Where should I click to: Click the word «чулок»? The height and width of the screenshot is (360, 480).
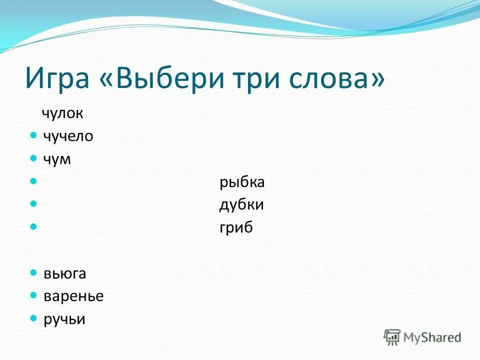pyautogui.click(x=62, y=113)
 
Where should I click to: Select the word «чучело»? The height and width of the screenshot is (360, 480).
pyautogui.click(x=68, y=136)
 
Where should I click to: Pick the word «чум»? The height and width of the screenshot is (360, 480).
pyautogui.click(x=57, y=159)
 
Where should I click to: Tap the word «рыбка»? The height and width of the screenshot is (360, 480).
pyautogui.click(x=242, y=182)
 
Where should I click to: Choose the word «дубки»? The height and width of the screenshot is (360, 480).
pyautogui.click(x=241, y=205)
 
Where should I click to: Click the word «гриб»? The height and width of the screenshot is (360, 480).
pyautogui.click(x=236, y=228)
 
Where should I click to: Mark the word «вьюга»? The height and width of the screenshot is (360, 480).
pyautogui.click(x=64, y=273)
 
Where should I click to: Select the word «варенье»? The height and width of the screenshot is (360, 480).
pyautogui.click(x=73, y=296)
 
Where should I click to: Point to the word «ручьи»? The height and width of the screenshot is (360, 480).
pyautogui.click(x=64, y=319)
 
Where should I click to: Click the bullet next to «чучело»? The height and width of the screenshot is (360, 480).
pyautogui.click(x=33, y=135)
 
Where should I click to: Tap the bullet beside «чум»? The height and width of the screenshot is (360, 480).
pyautogui.click(x=33, y=158)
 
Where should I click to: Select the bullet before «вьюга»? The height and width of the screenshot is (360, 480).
pyautogui.click(x=33, y=273)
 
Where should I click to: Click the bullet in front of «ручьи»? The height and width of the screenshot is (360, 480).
pyautogui.click(x=33, y=318)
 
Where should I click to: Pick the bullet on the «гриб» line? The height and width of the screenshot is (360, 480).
pyautogui.click(x=33, y=227)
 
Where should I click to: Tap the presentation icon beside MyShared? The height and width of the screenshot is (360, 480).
pyautogui.click(x=392, y=337)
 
